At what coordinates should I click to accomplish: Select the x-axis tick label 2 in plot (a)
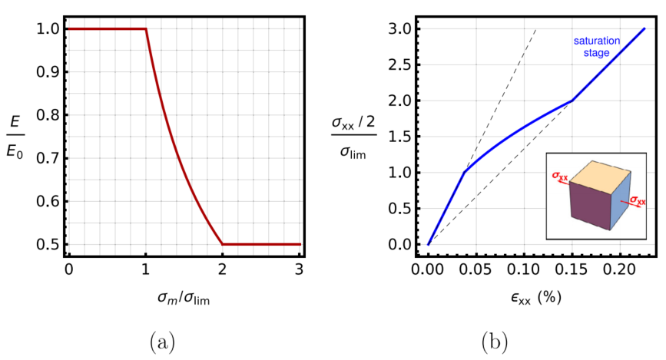click(223, 269)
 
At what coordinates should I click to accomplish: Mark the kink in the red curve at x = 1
click(146, 29)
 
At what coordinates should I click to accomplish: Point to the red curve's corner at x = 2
click(223, 244)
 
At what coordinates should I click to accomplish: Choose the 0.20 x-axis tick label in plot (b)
click(620, 269)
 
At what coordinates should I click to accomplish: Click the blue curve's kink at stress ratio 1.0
click(464, 173)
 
